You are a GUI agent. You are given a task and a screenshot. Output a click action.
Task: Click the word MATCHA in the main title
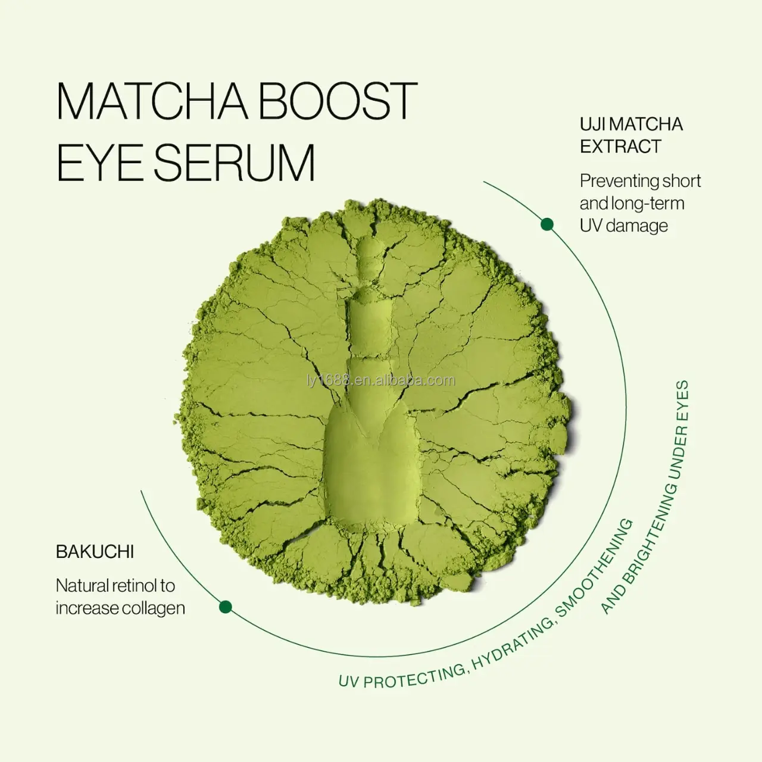pyautogui.click(x=152, y=101)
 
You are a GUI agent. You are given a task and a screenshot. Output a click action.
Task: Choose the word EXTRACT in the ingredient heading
pyautogui.click(x=620, y=146)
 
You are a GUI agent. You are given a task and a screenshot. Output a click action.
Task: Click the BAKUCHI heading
pyautogui.click(x=95, y=552)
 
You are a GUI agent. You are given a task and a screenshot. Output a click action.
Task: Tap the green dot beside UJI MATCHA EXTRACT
pyautogui.click(x=547, y=224)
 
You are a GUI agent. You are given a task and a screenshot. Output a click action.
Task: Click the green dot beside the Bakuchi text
pyautogui.click(x=225, y=607)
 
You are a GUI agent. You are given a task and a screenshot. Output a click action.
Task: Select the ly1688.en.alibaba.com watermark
pyautogui.click(x=381, y=380)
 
